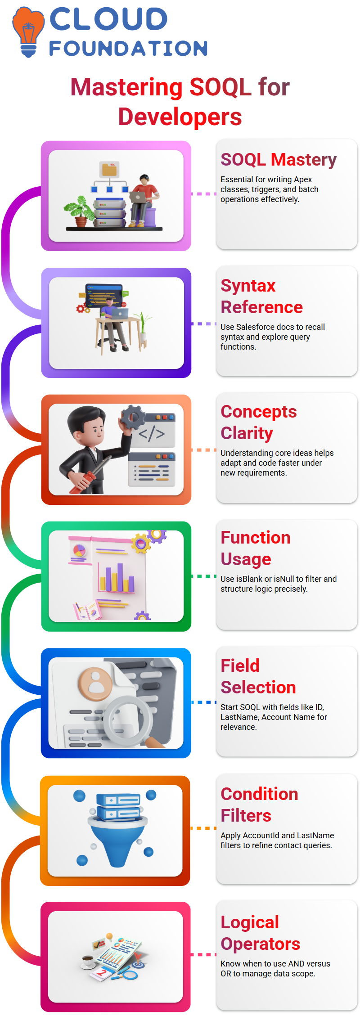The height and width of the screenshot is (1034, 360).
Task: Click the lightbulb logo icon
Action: pyautogui.click(x=28, y=31)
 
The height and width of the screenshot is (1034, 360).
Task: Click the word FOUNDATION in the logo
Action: pyautogui.click(x=128, y=49)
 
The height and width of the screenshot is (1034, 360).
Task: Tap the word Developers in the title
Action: pyautogui.click(x=180, y=117)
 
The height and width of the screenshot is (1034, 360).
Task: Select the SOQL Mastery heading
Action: pyautogui.click(x=279, y=160)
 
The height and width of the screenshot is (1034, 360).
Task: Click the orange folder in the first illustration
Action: pyautogui.click(x=109, y=169)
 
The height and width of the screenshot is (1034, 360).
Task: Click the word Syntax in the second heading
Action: pyautogui.click(x=248, y=286)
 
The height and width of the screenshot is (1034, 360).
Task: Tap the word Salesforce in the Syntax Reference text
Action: pyautogui.click(x=255, y=327)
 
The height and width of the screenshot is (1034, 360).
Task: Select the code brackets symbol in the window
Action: pyautogui.click(x=152, y=433)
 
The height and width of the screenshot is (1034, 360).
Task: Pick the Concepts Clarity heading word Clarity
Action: pyautogui.click(x=247, y=433)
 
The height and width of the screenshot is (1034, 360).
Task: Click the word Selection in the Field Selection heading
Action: pyautogui.click(x=258, y=687)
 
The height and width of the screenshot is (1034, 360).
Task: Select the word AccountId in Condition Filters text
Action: pyautogui.click(x=261, y=836)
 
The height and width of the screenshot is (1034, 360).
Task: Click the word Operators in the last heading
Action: pyautogui.click(x=261, y=944)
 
